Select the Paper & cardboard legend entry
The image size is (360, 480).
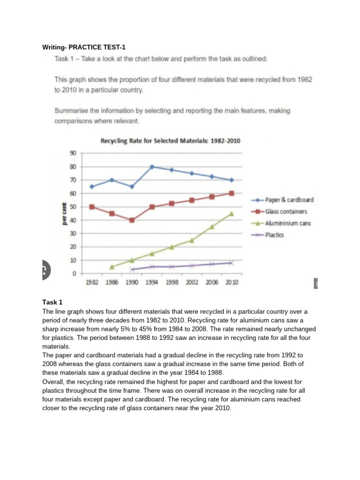pyautogui.click(x=282, y=200)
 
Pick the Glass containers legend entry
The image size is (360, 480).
pyautogui.click(x=279, y=211)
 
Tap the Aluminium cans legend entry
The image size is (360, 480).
pyautogui.click(x=281, y=223)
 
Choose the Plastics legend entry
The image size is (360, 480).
pyautogui.click(x=268, y=235)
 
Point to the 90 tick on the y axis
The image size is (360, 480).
pyautogui.click(x=73, y=153)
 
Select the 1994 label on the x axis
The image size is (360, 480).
pyautogui.click(x=151, y=282)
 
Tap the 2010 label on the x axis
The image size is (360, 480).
pyautogui.click(x=232, y=282)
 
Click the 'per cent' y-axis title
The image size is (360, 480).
pyautogui.click(x=64, y=214)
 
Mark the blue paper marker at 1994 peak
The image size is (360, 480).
pyautogui.click(x=152, y=167)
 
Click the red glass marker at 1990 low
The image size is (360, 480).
pyautogui.click(x=132, y=220)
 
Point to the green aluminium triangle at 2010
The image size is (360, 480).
pyautogui.click(x=232, y=214)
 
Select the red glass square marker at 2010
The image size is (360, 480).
pyautogui.click(x=232, y=194)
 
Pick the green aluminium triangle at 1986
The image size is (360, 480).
pyautogui.click(x=112, y=267)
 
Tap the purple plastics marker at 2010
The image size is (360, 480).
pyautogui.click(x=232, y=263)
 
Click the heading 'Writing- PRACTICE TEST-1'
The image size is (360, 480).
pyautogui.click(x=84, y=47)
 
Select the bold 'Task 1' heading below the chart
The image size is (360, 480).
pyautogui.click(x=52, y=302)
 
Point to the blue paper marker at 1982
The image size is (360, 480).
pyautogui.click(x=92, y=187)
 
